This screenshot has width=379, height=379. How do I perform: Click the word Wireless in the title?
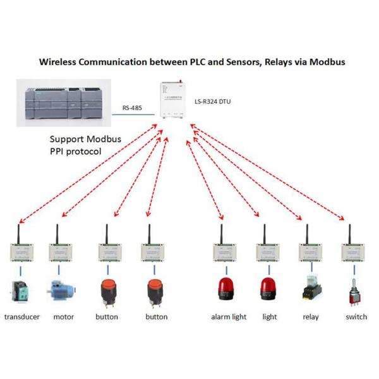pos(60,63)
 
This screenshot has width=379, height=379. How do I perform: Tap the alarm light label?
pos(228,316)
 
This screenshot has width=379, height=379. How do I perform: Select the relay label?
pos(311,316)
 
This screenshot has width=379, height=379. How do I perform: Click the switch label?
pos(356,316)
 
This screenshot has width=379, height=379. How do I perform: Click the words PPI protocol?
pos(78,152)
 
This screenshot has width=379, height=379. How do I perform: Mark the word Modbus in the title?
pos(326,63)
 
